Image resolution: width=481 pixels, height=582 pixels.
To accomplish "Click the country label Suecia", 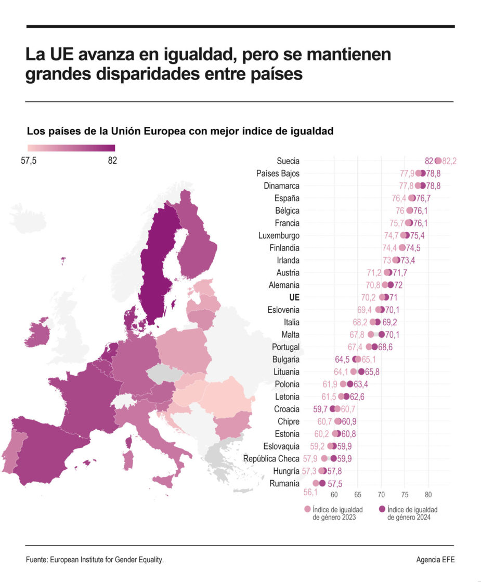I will coord(288,161).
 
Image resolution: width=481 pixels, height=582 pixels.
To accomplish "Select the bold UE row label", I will coord(294,297).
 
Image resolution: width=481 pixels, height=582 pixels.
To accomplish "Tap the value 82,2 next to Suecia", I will coord(449,161).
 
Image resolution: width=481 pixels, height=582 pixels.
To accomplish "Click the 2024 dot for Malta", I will coord(381,335).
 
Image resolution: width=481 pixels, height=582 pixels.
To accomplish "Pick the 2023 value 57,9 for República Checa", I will coord(310,459).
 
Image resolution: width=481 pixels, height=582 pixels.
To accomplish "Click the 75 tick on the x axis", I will coord(405,495).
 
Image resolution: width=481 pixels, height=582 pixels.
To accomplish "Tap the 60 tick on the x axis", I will coord(334,495).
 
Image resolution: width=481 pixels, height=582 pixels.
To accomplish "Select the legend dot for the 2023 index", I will coord(307,510).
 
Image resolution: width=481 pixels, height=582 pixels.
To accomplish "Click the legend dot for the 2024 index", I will coord(382,510).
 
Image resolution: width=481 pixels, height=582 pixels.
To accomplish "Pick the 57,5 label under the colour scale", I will coord(31,161).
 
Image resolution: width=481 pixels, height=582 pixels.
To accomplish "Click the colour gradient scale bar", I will coord(71,148).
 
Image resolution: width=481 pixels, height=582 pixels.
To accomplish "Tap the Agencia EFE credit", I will coord(435,560).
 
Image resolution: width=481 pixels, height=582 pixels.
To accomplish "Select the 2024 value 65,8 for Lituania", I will coord(374,372).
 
